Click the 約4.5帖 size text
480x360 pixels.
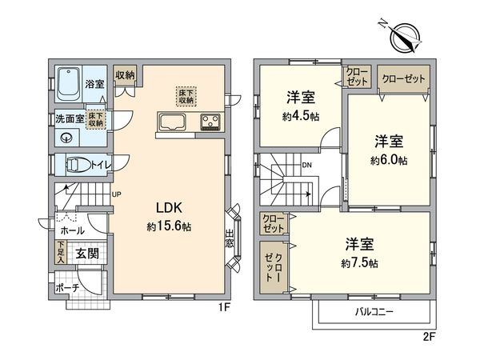(301, 115)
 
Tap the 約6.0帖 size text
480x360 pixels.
(389, 160)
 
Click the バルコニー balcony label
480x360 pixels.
(373, 312)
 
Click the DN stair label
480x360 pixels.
(306, 166)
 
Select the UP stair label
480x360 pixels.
(118, 194)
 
